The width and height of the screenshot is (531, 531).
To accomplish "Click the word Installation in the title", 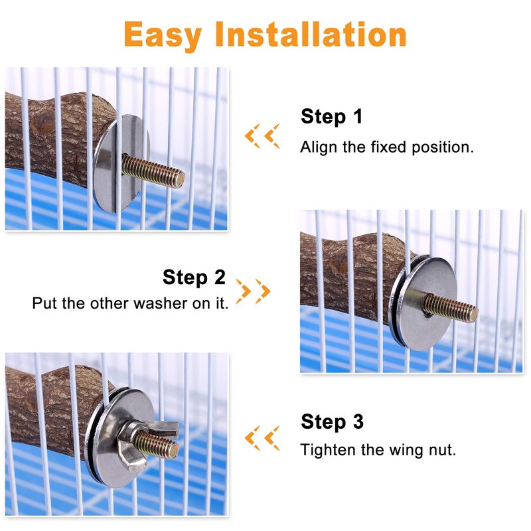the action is [x=311, y=35].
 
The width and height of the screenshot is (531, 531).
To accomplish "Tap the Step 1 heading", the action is [x=331, y=117].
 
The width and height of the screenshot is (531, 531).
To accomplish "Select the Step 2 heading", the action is [x=194, y=277].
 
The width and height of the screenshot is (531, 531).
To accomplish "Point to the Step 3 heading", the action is [x=332, y=422].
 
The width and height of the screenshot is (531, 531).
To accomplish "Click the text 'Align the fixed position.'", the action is [x=387, y=147].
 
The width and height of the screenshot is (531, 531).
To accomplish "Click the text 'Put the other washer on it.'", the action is [x=130, y=303].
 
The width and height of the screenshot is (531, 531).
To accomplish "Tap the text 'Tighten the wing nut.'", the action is [x=378, y=451].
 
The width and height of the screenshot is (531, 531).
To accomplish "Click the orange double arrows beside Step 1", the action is [x=262, y=136].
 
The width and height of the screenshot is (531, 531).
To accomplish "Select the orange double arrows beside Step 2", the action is [x=253, y=291].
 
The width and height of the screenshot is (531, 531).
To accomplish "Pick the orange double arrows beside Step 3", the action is [x=262, y=438].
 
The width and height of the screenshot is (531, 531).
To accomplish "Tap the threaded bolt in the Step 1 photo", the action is [x=153, y=171].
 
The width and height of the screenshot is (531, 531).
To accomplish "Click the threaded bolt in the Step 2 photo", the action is [x=450, y=308].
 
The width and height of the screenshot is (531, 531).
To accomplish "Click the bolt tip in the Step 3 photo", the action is [x=175, y=450].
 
